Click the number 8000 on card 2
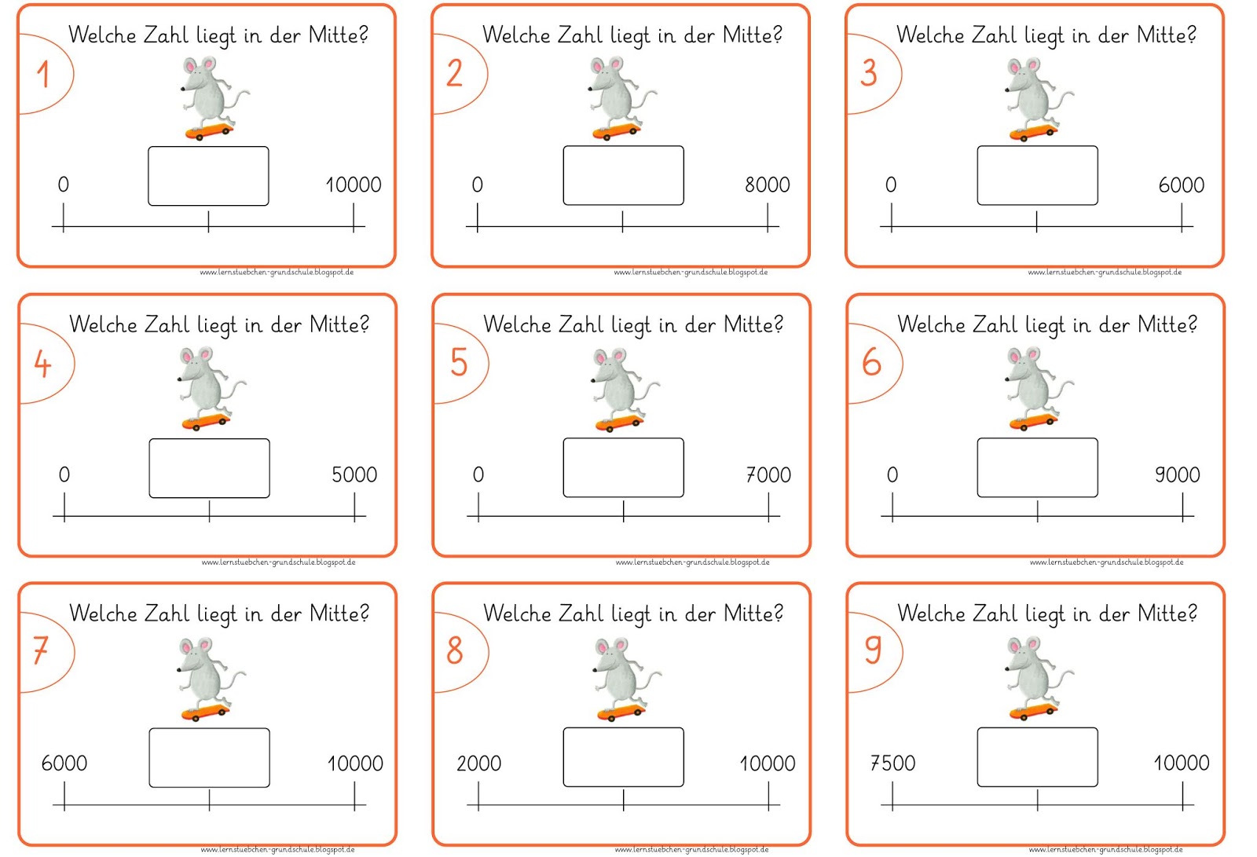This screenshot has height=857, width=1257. [x=767, y=185]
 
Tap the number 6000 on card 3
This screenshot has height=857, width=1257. [x=1182, y=185]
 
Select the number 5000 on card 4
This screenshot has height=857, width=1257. [x=354, y=474]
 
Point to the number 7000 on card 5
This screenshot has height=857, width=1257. [x=768, y=474]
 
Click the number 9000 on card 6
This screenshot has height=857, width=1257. [x=1178, y=474]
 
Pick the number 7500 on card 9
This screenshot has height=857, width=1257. [x=892, y=764]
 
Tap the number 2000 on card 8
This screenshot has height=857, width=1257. [x=478, y=764]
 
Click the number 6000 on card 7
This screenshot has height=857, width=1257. [x=64, y=764]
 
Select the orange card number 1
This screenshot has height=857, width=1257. [x=43, y=74]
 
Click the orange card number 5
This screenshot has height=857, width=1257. [x=459, y=363]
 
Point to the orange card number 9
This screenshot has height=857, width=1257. [x=873, y=650]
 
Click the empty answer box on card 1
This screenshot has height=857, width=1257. [x=208, y=176]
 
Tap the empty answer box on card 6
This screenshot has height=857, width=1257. [x=1038, y=467]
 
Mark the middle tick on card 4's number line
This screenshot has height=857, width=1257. [x=209, y=511]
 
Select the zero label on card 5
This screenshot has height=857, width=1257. [x=478, y=474]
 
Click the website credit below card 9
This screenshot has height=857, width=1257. [x=1105, y=850]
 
